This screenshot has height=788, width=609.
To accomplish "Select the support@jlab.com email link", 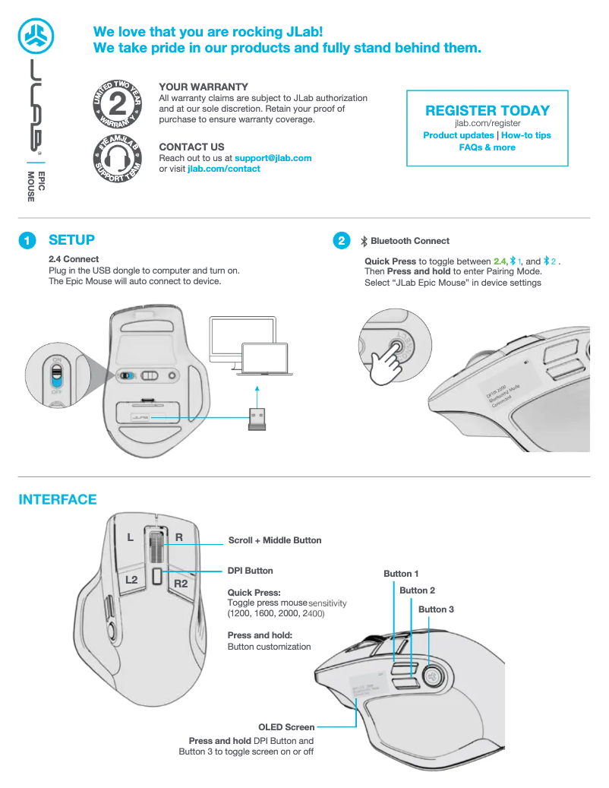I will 273,158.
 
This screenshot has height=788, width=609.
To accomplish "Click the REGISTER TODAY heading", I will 487,111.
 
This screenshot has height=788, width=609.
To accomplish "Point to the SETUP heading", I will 71,240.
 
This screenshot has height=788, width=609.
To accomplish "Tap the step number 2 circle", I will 342,241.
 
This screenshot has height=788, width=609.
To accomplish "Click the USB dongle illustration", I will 257,419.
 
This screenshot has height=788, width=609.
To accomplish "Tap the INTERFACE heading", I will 58,500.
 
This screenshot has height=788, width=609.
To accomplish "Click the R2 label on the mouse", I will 181,584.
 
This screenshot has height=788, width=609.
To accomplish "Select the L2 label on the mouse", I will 131,580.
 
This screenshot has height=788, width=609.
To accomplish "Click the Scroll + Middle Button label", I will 275,540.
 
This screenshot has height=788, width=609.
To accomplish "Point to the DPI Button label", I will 250,571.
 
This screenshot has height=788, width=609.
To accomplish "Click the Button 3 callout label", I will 436,609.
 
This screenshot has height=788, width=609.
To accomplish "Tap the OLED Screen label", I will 286,727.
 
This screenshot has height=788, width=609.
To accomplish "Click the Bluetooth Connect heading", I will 410,241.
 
